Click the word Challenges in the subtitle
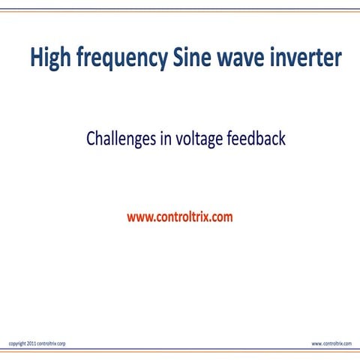click(120, 139)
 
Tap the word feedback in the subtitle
click(256, 139)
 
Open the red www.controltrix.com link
click(180, 217)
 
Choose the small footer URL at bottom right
click(331, 343)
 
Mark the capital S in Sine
click(178, 58)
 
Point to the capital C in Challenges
click(91, 139)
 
